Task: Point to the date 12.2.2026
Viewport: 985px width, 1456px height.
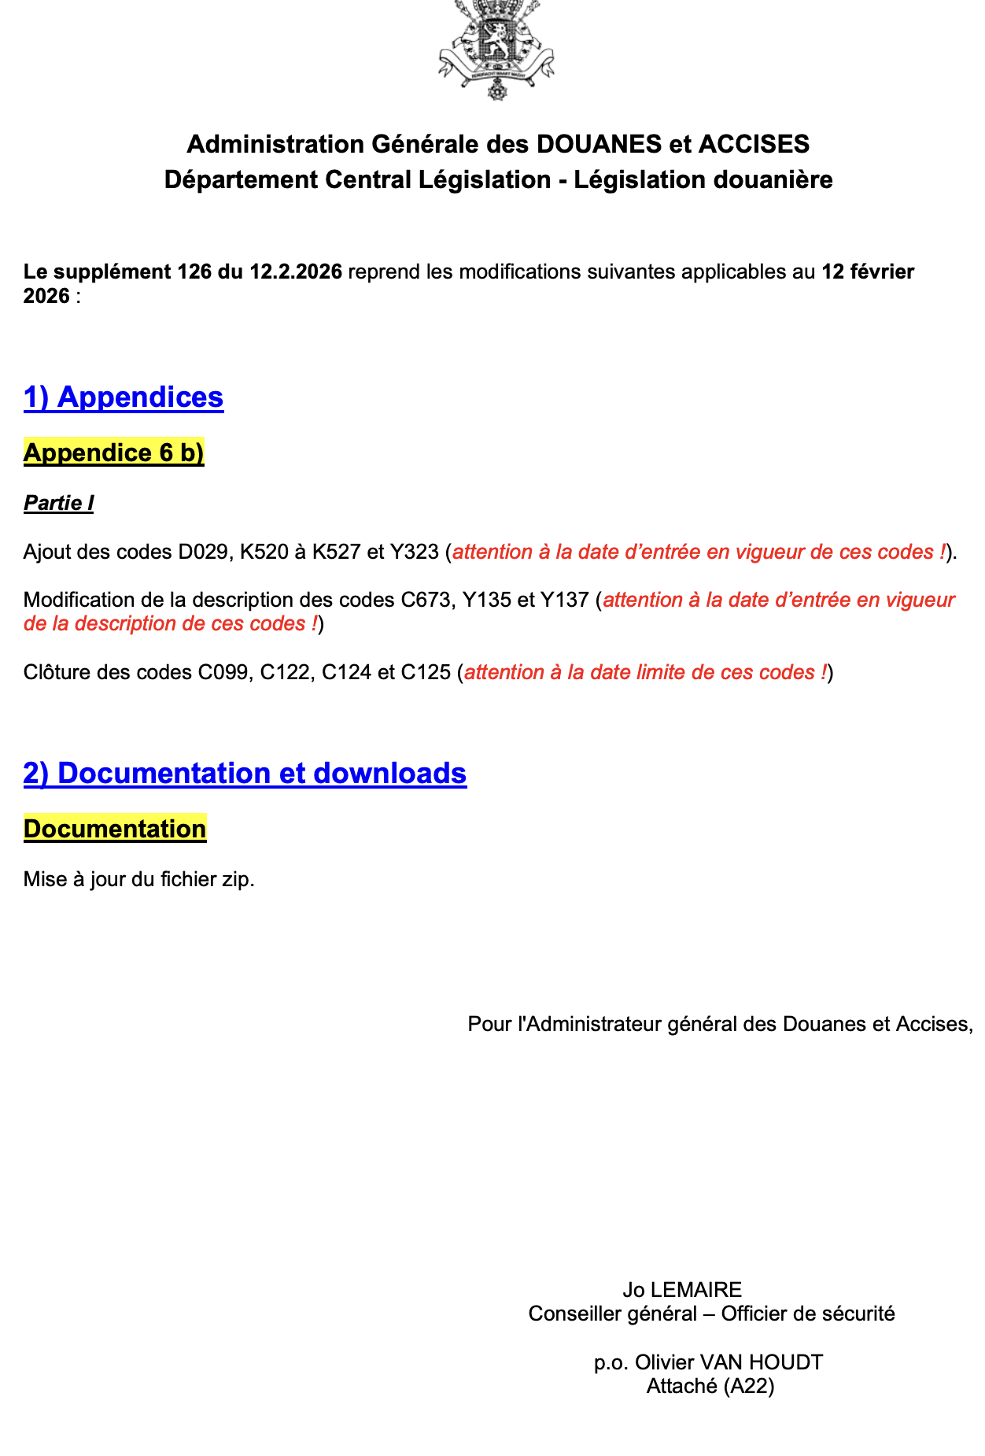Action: pos(296,272)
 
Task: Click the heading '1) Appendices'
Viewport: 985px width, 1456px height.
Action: pos(124,397)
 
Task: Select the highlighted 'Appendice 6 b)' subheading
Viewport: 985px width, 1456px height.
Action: pos(114,453)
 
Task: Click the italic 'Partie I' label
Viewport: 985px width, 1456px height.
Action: pos(59,503)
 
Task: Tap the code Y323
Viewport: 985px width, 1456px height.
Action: pos(414,552)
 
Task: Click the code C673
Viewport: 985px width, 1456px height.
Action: pos(426,600)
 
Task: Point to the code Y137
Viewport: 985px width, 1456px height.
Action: pos(564,600)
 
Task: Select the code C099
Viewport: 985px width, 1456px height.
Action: pos(223,672)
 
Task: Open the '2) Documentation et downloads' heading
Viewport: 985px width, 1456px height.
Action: pos(245,773)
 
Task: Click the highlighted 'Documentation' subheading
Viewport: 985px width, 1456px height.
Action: pos(115,829)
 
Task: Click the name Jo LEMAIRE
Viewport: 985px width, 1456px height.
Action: pos(682,1289)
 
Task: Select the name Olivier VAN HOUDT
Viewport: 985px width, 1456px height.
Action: pos(729,1362)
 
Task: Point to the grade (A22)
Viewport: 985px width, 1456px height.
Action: pos(748,1386)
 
